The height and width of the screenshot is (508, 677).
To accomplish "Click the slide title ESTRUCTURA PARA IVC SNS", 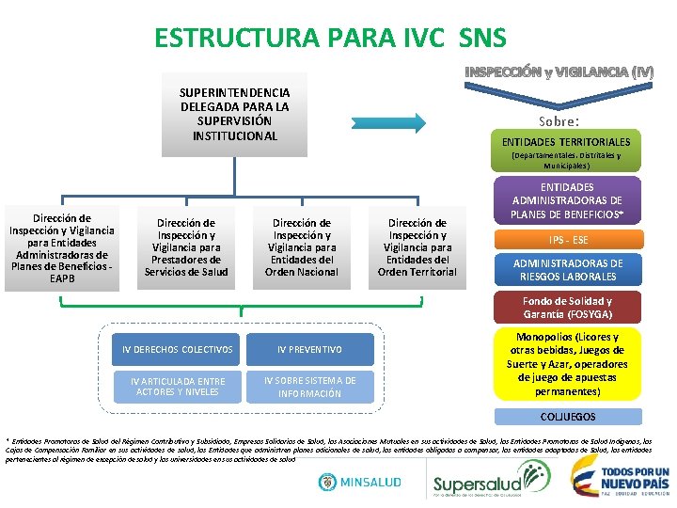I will (x=330, y=38).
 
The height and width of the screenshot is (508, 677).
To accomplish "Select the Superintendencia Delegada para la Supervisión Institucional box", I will (x=234, y=115).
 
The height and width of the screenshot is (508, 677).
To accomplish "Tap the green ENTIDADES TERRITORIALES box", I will (x=566, y=141).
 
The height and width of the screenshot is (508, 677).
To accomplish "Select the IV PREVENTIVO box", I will (x=309, y=350).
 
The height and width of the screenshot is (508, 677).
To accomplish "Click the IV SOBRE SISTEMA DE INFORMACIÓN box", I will (x=309, y=387).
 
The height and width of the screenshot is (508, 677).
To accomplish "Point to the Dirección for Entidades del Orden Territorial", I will (x=417, y=247).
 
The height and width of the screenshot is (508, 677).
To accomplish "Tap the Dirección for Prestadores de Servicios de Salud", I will (x=185, y=247).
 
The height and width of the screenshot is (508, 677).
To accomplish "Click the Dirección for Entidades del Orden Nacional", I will (x=301, y=247).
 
